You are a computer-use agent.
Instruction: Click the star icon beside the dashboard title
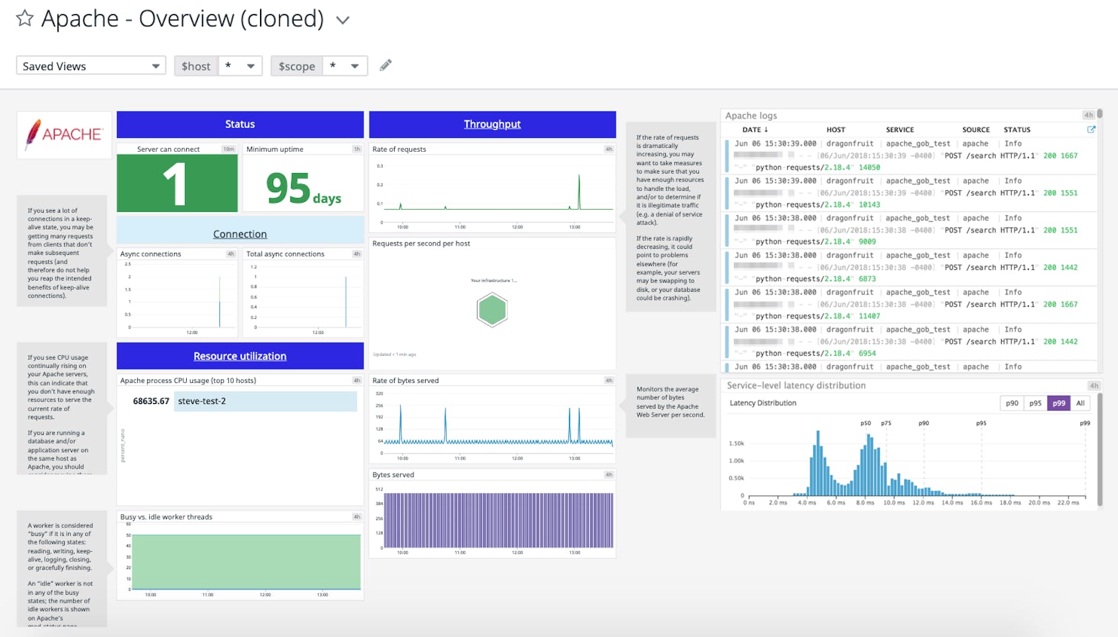tap(24, 18)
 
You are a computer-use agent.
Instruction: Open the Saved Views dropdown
tap(90, 65)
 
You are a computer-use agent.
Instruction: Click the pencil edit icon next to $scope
tap(385, 65)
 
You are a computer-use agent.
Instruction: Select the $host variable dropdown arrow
tap(250, 65)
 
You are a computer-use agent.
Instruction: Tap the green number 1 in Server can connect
tap(176, 185)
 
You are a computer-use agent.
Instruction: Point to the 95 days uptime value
tap(303, 189)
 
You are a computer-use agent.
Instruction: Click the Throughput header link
tap(492, 124)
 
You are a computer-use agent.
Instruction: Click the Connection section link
tap(240, 234)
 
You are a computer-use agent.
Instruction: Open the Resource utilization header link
tap(240, 356)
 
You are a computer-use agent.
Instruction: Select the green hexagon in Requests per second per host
tap(492, 310)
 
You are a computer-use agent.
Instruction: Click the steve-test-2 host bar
tap(265, 401)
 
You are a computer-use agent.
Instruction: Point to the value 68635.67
tap(151, 401)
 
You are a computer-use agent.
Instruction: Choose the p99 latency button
tap(1059, 403)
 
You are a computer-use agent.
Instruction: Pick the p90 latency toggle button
tap(1012, 403)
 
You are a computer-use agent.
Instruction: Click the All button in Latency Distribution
tap(1080, 403)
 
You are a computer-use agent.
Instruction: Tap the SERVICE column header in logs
tap(900, 129)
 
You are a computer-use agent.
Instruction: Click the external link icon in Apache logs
tap(1091, 129)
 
